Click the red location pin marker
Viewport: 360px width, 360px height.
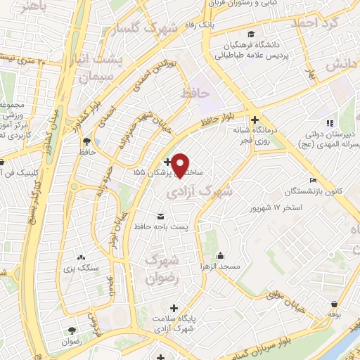pyautogui.click(x=181, y=165)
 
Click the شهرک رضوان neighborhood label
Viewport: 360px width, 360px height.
pyautogui.click(x=161, y=269)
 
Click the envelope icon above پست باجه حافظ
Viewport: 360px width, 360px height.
pyautogui.click(x=160, y=214)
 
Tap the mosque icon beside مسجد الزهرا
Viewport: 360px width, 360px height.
pyautogui.click(x=221, y=256)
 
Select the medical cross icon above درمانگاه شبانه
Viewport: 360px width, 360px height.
pyautogui.click(x=255, y=120)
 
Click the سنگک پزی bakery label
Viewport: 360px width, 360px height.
pyautogui.click(x=88, y=268)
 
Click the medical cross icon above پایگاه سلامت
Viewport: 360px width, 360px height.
pyautogui.click(x=174, y=309)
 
